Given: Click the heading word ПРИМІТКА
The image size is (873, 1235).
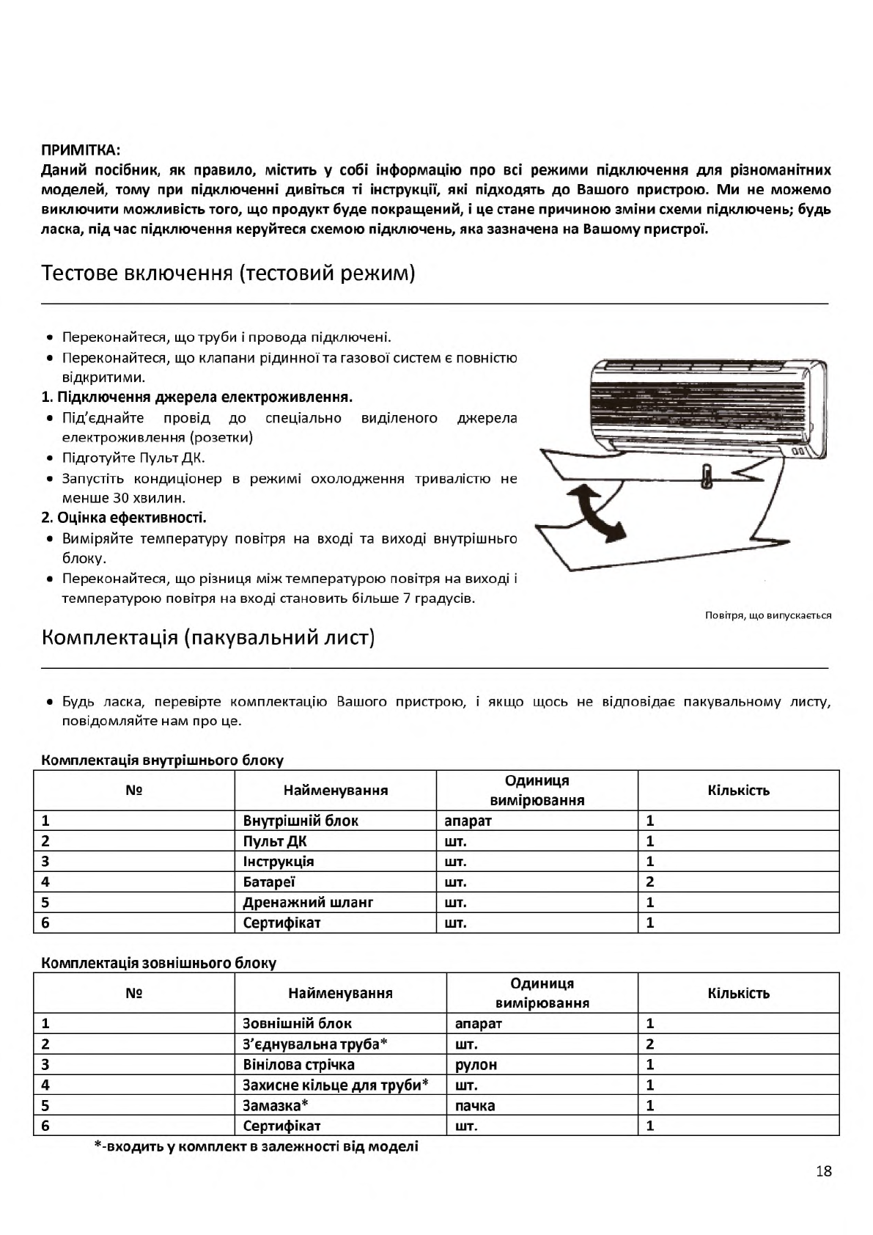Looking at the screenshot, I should coord(80,150).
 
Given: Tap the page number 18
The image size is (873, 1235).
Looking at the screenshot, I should coord(823,1171).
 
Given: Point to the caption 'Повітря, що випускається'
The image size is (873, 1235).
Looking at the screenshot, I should coord(768,615).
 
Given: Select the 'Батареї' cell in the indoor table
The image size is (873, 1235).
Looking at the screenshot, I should coord(269,882).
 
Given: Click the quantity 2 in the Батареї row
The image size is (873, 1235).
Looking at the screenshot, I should coord(650,882).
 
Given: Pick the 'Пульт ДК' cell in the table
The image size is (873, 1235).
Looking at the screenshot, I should coord(275,841).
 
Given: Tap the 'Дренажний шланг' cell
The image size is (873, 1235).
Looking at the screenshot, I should coord(308,903).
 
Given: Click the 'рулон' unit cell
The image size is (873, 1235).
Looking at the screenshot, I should coord(476,1065).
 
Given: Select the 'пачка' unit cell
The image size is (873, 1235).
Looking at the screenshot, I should coord(474,1106).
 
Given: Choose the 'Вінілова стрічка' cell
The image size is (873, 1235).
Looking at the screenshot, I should coord(298,1065).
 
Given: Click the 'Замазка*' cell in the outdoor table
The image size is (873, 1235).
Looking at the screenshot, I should coord(275,1106).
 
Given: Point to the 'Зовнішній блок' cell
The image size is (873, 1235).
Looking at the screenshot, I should coord(297,1024).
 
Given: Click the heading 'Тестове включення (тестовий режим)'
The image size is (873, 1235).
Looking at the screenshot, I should coord(228,274).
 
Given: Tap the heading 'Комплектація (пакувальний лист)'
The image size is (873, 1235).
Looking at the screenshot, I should coord(208,637).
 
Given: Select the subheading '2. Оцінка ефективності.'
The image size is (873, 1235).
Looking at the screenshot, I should coord(124,518).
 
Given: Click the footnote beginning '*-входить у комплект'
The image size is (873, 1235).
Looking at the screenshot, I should coord(257,1146).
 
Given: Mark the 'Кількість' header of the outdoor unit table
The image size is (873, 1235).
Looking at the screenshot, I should coord(738,994).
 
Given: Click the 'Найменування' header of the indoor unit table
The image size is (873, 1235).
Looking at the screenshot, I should coord(336,791).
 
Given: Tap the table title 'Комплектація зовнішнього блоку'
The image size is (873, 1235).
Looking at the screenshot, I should coord(159,963).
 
